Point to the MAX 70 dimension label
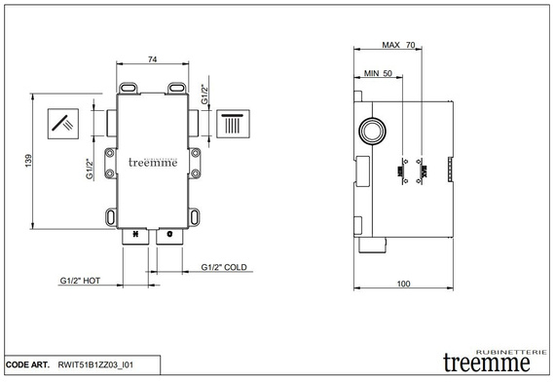[x=398, y=45]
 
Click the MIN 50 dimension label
[x=378, y=73]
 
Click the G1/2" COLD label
[x=226, y=266]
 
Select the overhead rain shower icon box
[x=233, y=124]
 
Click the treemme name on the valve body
[x=153, y=163]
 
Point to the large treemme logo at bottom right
[x=486, y=361]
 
